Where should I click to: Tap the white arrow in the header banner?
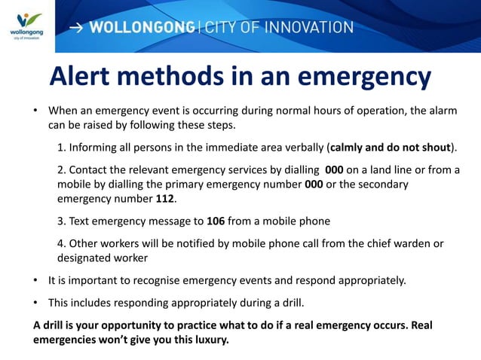pos(77,28)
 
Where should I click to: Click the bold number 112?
pos(164,199)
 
